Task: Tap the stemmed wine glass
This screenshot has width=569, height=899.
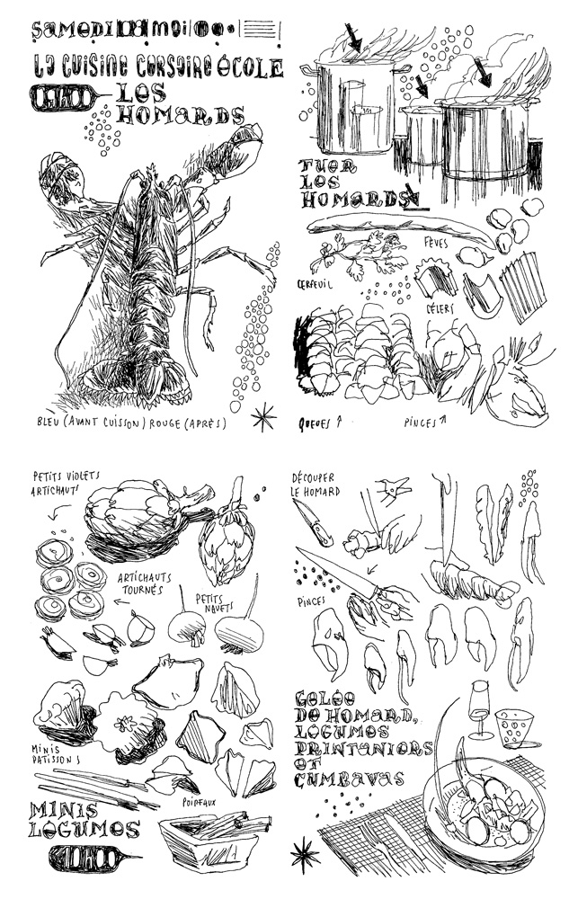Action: [x=481, y=711]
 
